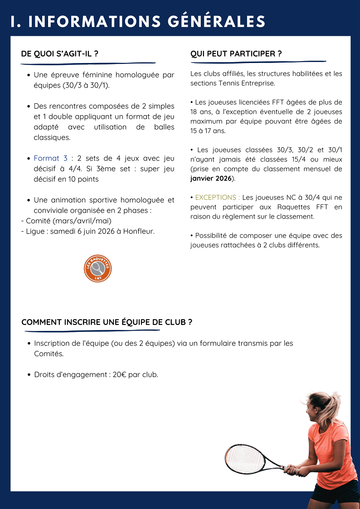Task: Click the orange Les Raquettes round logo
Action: click(x=97, y=269)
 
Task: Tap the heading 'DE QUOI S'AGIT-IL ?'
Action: click(x=60, y=54)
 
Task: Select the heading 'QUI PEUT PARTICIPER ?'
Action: click(x=236, y=54)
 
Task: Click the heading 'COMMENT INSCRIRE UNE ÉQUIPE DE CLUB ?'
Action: click(x=107, y=322)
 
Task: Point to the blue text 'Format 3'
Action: click(x=50, y=158)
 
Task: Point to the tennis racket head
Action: click(x=245, y=459)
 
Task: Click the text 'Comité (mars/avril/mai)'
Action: click(x=68, y=221)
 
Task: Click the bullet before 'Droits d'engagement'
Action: click(x=29, y=375)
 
